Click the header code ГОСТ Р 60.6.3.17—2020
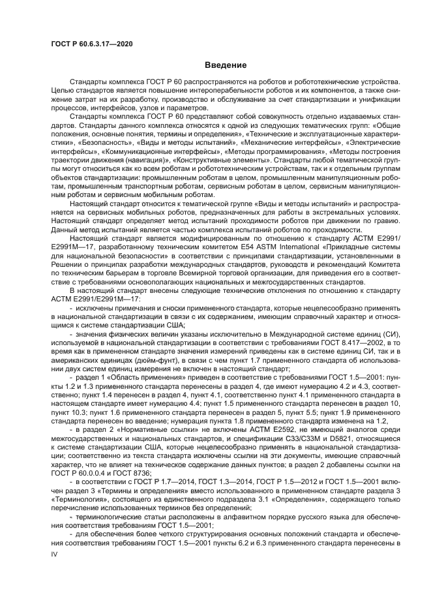(91, 43)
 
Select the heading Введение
(226, 65)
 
